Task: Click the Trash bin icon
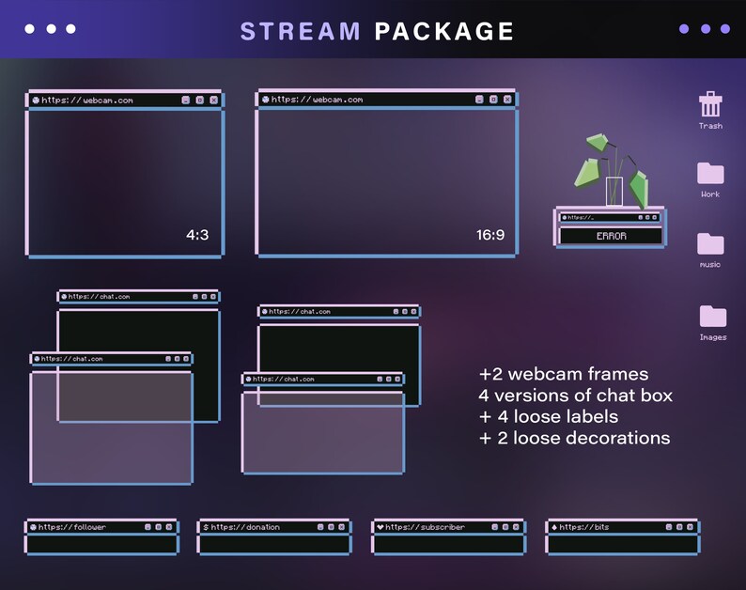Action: tap(710, 104)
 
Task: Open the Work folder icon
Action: tap(710, 173)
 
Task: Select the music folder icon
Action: tap(710, 244)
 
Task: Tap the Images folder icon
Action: tap(712, 316)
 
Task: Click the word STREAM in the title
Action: tap(301, 31)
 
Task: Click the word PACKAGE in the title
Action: tap(444, 31)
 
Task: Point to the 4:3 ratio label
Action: tap(197, 235)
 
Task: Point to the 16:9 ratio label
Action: tap(490, 235)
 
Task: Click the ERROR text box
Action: tap(611, 236)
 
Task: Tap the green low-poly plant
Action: tap(614, 169)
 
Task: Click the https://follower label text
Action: tap(72, 527)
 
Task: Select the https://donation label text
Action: tap(245, 527)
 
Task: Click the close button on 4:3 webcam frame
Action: tap(213, 100)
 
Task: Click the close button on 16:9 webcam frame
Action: tap(507, 99)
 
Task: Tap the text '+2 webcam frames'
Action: tap(563, 374)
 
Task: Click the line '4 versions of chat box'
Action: tap(575, 395)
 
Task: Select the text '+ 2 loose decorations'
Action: tap(574, 438)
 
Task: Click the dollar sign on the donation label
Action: tap(206, 527)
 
